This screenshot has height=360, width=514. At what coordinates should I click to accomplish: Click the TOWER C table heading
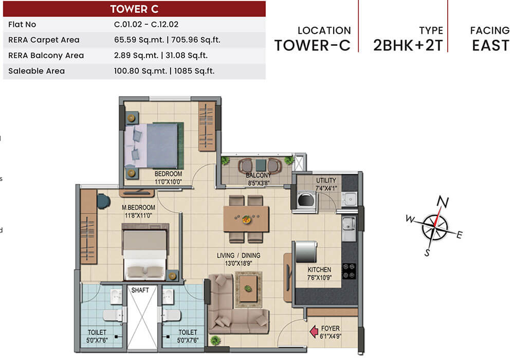[x=134, y=9]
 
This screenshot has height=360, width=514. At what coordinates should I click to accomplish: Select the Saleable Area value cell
[x=164, y=71]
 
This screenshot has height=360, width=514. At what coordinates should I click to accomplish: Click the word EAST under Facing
[x=490, y=45]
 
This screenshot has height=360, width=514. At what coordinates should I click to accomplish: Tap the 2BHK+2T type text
[x=408, y=45]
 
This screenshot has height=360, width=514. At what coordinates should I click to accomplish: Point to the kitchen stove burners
[x=348, y=271]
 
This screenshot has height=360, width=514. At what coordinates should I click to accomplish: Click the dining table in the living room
[x=246, y=219]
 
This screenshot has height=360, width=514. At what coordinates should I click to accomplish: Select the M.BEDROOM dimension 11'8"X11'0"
[x=138, y=216]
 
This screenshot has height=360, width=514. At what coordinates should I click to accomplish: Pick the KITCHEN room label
[x=319, y=270]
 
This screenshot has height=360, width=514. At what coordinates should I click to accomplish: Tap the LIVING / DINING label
[x=238, y=256]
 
